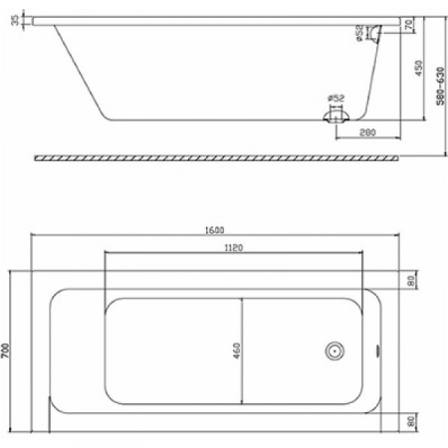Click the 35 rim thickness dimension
(13, 22)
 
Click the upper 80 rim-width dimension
(409, 280)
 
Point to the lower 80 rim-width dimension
(409, 420)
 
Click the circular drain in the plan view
(335, 350)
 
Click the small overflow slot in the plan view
(376, 350)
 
